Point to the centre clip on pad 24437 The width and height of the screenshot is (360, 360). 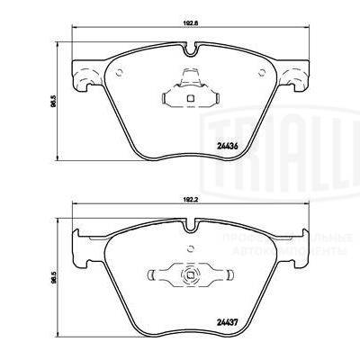(x=190, y=275)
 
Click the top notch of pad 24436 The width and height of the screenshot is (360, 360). (x=190, y=70)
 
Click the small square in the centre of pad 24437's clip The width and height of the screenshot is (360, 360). (x=190, y=276)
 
